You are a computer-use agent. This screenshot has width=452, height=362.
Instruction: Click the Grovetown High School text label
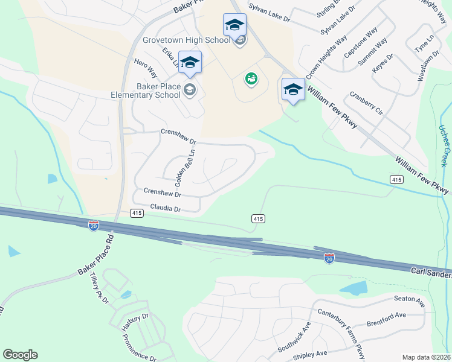tap(186, 40)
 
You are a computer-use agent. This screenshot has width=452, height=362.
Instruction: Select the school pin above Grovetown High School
tap(234, 26)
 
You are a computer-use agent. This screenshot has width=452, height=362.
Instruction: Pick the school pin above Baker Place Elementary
tap(190, 63)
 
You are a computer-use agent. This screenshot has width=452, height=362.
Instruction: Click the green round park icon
tap(251, 78)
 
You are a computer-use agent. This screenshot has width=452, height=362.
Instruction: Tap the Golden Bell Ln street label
tap(179, 170)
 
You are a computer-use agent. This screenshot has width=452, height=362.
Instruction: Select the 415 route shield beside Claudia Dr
tap(137, 213)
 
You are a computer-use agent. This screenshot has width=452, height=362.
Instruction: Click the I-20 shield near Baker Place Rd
tap(94, 226)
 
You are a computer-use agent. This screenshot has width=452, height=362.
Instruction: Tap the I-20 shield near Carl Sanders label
tap(329, 258)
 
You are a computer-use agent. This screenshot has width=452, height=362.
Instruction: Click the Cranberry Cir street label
tap(366, 103)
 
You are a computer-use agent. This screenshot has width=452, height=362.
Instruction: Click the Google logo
tap(20, 355)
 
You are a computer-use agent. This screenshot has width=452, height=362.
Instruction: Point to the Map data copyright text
tap(425, 357)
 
